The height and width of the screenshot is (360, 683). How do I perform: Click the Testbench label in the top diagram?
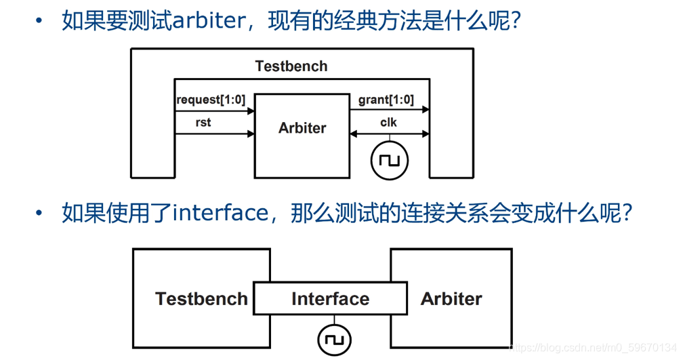tap(291, 66)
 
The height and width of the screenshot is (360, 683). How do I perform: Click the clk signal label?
tap(388, 123)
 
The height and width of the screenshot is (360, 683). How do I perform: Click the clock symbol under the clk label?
tap(390, 161)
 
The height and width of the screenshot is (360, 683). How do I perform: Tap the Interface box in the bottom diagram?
tap(330, 299)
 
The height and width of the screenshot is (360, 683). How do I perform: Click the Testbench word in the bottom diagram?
tap(201, 299)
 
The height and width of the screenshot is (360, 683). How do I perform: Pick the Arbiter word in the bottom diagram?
tap(451, 299)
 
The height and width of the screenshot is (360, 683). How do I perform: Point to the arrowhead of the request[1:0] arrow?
tap(250, 111)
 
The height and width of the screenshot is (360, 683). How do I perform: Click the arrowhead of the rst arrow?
tap(250, 134)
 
